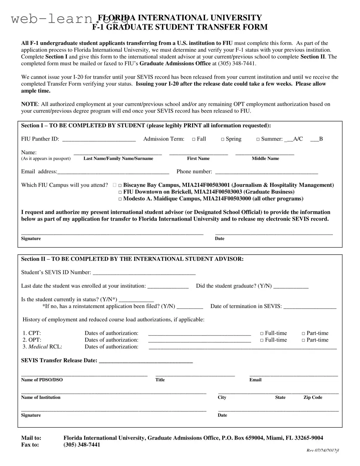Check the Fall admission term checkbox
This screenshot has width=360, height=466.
click(x=194, y=139)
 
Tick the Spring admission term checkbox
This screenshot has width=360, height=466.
click(x=223, y=139)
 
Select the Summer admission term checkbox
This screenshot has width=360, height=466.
click(x=258, y=139)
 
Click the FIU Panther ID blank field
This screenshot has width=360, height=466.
click(x=99, y=139)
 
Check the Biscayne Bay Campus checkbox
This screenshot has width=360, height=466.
click(x=120, y=185)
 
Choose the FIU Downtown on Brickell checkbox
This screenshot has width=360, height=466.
click(x=120, y=192)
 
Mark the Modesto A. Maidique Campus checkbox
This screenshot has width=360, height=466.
click(x=120, y=199)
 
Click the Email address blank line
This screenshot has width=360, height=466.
click(x=113, y=172)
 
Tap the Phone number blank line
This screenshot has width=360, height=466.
click(x=266, y=172)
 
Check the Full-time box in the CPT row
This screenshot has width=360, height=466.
click(x=262, y=334)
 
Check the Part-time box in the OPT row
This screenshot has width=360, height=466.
click(x=303, y=340)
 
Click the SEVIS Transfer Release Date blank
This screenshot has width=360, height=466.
click(x=146, y=361)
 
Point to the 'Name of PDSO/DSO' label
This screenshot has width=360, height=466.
click(x=42, y=380)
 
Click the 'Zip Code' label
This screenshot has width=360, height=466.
click(x=313, y=398)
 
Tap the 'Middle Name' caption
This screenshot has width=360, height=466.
click(x=265, y=159)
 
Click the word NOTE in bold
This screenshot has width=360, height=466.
click(x=29, y=104)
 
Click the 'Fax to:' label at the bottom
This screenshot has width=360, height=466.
click(x=30, y=445)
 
